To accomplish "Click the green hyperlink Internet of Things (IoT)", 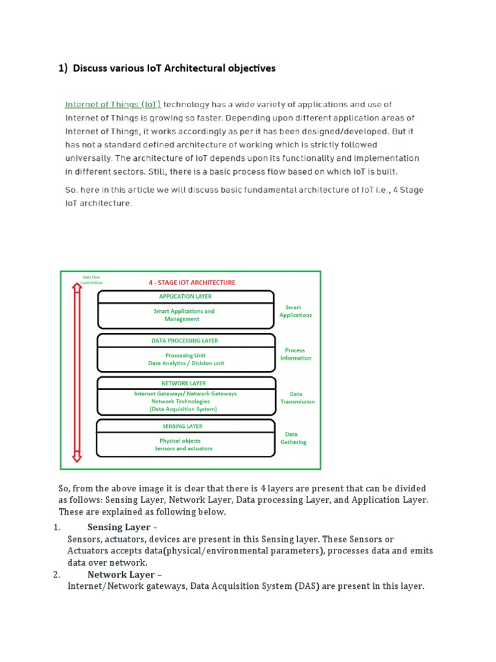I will (112, 104).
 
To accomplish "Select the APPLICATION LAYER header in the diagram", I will (185, 297).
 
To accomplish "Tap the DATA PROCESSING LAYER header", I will (185, 341).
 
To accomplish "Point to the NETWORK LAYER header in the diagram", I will (185, 383).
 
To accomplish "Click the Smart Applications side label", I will (295, 312).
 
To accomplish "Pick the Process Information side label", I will (295, 354).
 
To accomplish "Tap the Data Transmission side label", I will (297, 398).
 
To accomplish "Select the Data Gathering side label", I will (293, 438).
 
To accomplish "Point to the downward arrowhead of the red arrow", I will (77, 457).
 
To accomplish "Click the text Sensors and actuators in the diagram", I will (183, 449).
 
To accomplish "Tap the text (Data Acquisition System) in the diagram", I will (183, 409).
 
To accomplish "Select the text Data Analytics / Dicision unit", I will (186, 363).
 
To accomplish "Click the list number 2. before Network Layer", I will (57, 575).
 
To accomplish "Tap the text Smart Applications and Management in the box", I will (183, 315).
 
